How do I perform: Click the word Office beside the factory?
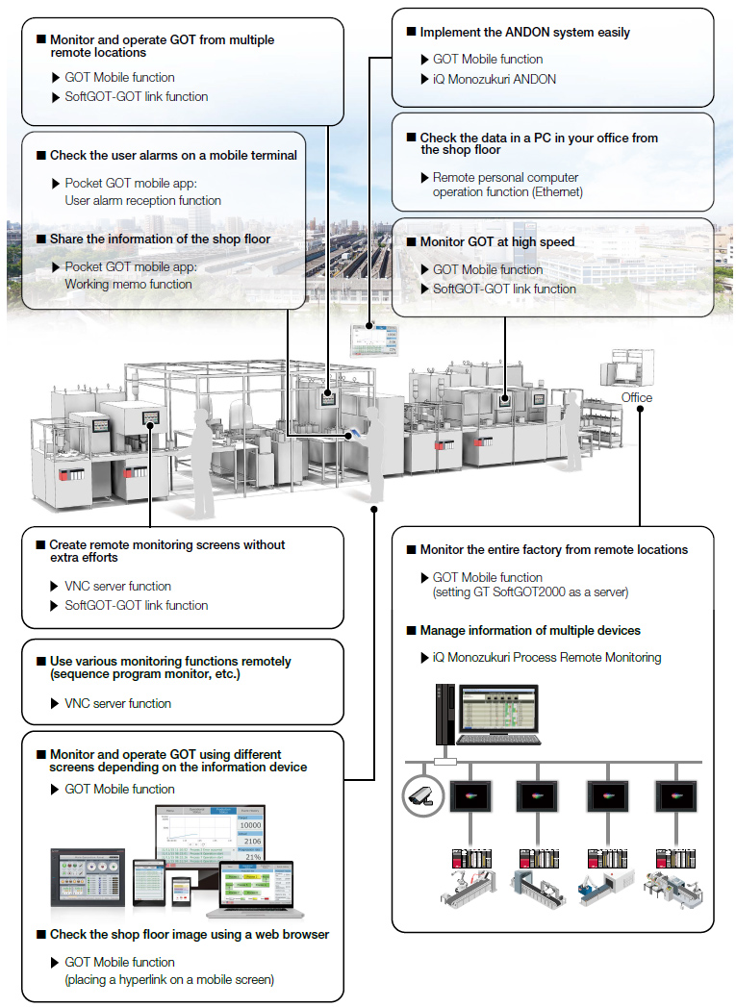coord(636,397)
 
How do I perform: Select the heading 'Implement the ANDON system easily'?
coord(524,32)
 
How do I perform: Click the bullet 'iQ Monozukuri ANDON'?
coord(494,79)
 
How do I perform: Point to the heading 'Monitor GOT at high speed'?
coord(496,241)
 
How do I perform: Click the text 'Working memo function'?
coord(128,285)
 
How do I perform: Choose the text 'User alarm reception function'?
coord(142,201)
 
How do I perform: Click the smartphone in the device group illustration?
coord(182,894)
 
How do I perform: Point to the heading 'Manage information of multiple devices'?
coord(529,631)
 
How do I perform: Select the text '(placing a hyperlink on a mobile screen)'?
coord(169,980)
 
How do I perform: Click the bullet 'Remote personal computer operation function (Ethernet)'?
coord(505,185)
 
